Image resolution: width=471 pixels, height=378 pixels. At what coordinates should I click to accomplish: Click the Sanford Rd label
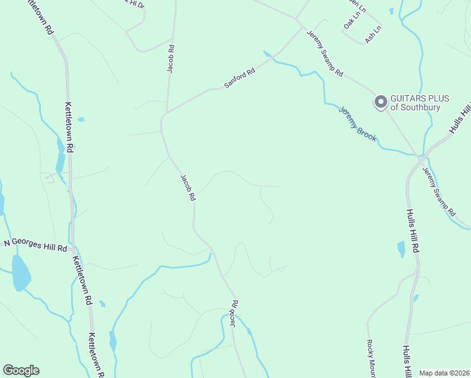pos(240,79)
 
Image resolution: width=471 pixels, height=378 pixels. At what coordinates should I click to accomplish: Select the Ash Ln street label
pos(373,33)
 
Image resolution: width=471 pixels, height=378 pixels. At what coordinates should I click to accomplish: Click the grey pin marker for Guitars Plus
pos(380,101)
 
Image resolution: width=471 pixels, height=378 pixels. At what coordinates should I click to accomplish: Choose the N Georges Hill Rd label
pos(35,244)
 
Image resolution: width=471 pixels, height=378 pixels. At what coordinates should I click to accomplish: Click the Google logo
pos(21,370)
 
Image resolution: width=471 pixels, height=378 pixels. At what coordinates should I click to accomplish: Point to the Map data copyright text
pos(445,373)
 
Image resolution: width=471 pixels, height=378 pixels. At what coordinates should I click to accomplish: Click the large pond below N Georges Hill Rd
pos(21,273)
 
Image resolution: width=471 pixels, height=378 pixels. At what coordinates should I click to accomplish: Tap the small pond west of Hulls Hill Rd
pos(401,249)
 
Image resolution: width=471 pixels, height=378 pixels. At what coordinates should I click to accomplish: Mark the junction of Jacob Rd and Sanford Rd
pos(164,114)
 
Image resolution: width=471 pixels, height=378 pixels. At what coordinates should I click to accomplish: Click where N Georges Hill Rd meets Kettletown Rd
pos(72,241)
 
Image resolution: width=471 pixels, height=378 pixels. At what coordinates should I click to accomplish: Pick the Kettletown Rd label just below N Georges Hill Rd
pos(82,280)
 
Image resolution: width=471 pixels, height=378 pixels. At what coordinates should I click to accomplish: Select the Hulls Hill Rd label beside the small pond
pos(412,231)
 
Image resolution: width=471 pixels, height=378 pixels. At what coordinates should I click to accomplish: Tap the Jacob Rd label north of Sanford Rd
pos(170,59)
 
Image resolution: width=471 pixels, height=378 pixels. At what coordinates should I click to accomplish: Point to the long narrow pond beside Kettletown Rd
pos(60,154)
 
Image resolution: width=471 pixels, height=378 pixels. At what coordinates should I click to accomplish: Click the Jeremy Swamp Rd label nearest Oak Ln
pos(325,54)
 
